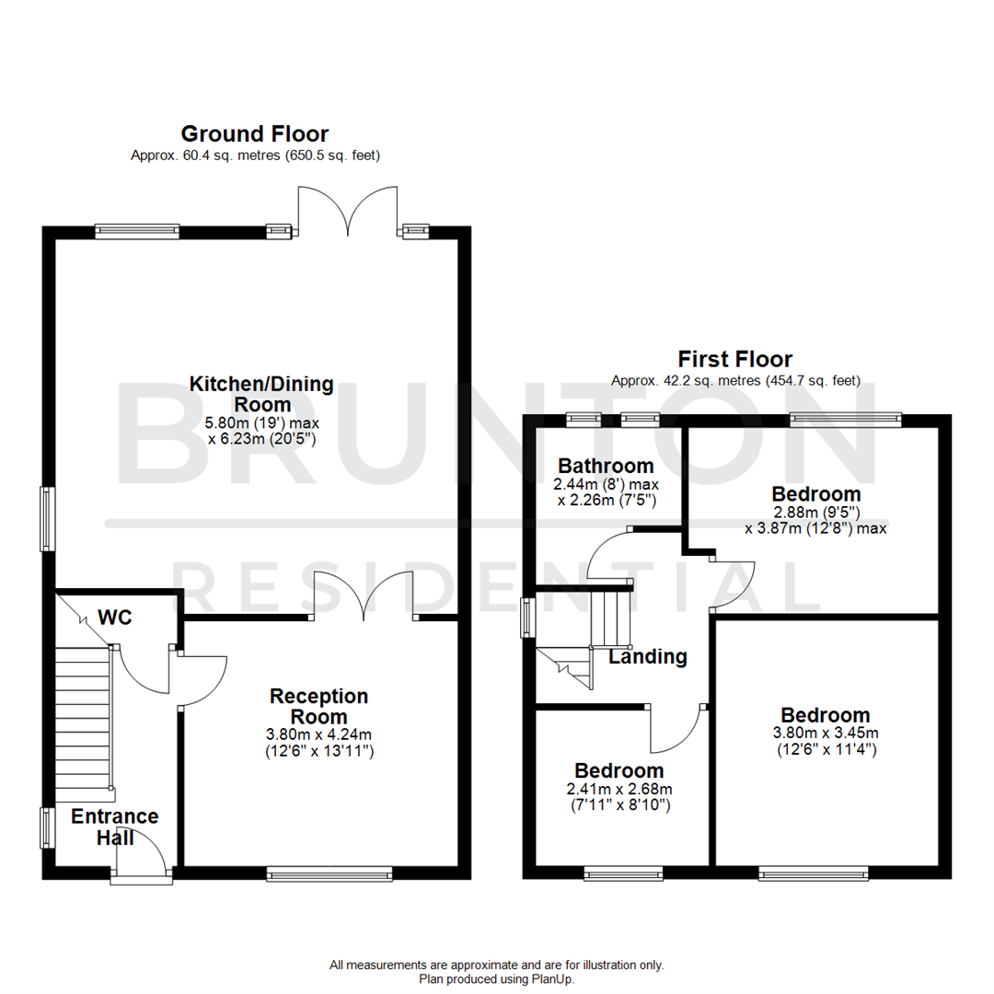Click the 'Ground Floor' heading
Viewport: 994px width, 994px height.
[255, 134]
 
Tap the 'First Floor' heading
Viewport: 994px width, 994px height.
[734, 359]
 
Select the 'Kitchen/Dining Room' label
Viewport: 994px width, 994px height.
[261, 394]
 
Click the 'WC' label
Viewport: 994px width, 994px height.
[116, 618]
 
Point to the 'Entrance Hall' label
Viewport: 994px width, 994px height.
[115, 826]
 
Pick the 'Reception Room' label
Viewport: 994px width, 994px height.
[318, 706]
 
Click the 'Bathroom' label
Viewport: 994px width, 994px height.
[604, 466]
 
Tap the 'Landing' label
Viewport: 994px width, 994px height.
[648, 656]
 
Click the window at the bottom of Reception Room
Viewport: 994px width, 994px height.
[329, 873]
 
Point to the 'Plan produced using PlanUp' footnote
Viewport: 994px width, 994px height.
[497, 979]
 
